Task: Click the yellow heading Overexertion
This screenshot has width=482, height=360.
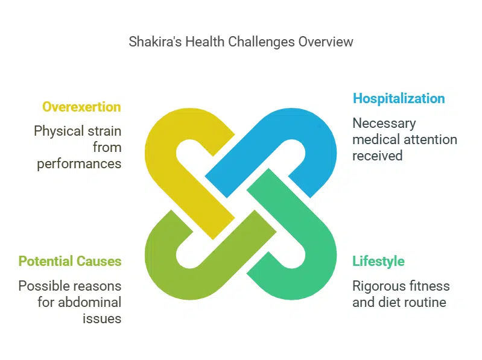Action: pyautogui.click(x=81, y=107)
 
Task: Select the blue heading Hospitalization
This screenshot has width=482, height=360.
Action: pyautogui.click(x=399, y=98)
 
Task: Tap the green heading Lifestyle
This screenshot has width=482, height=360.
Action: pyautogui.click(x=378, y=261)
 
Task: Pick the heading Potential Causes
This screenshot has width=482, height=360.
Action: pyautogui.click(x=70, y=261)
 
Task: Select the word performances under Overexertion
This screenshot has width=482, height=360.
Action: pyautogui.click(x=79, y=164)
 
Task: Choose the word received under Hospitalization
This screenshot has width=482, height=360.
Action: pyautogui.click(x=377, y=156)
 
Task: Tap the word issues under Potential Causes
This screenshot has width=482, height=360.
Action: pyautogui.click(x=102, y=318)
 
